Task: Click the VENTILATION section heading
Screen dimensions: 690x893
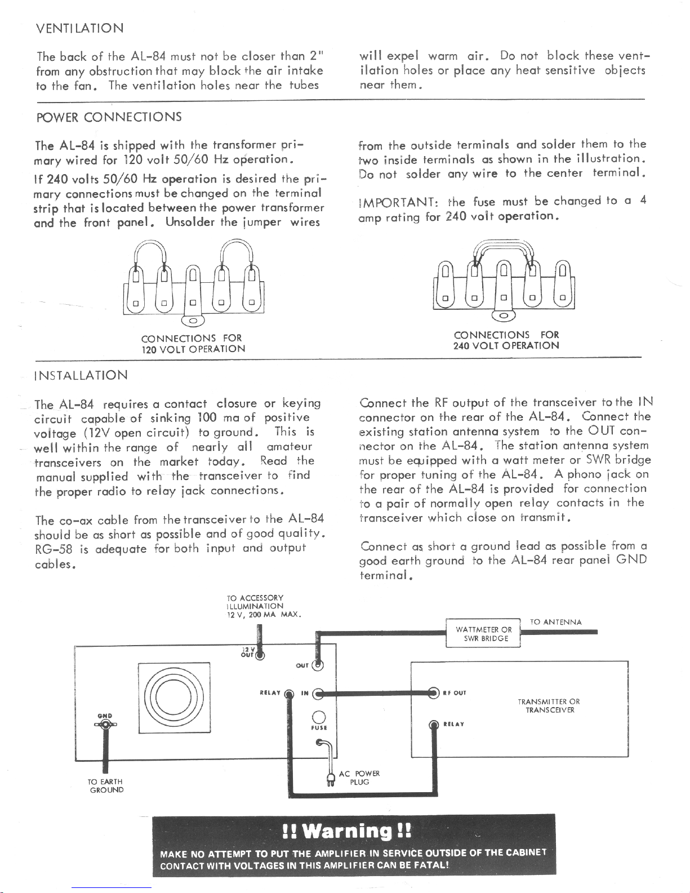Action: pyautogui.click(x=79, y=28)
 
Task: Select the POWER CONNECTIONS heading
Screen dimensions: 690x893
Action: pyautogui.click(x=109, y=117)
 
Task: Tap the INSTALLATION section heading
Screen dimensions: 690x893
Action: pyautogui.click(x=81, y=375)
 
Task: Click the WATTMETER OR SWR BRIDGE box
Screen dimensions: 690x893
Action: pyautogui.click(x=483, y=634)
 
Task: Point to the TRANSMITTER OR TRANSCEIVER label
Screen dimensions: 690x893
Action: pyautogui.click(x=549, y=705)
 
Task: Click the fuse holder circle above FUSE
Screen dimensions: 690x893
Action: pyautogui.click(x=319, y=717)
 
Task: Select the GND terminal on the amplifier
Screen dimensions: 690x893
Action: pyautogui.click(x=105, y=725)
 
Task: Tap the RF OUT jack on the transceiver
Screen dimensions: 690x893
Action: pyautogui.click(x=434, y=693)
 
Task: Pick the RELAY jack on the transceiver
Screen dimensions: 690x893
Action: pyautogui.click(x=434, y=725)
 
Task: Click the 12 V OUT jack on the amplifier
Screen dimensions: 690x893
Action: pyautogui.click(x=260, y=655)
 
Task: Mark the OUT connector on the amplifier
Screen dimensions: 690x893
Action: pyautogui.click(x=318, y=665)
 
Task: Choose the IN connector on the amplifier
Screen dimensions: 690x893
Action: pyautogui.click(x=318, y=694)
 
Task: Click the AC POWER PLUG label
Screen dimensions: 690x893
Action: pyautogui.click(x=359, y=778)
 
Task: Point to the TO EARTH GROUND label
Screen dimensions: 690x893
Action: pyautogui.click(x=106, y=785)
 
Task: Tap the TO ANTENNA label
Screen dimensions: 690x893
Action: pyautogui.click(x=556, y=622)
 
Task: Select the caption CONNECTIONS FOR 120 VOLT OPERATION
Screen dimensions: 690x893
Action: pyautogui.click(x=193, y=344)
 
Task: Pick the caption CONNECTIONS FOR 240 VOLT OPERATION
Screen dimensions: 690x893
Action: pyautogui.click(x=506, y=340)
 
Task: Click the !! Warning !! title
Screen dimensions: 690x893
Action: pyautogui.click(x=346, y=831)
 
